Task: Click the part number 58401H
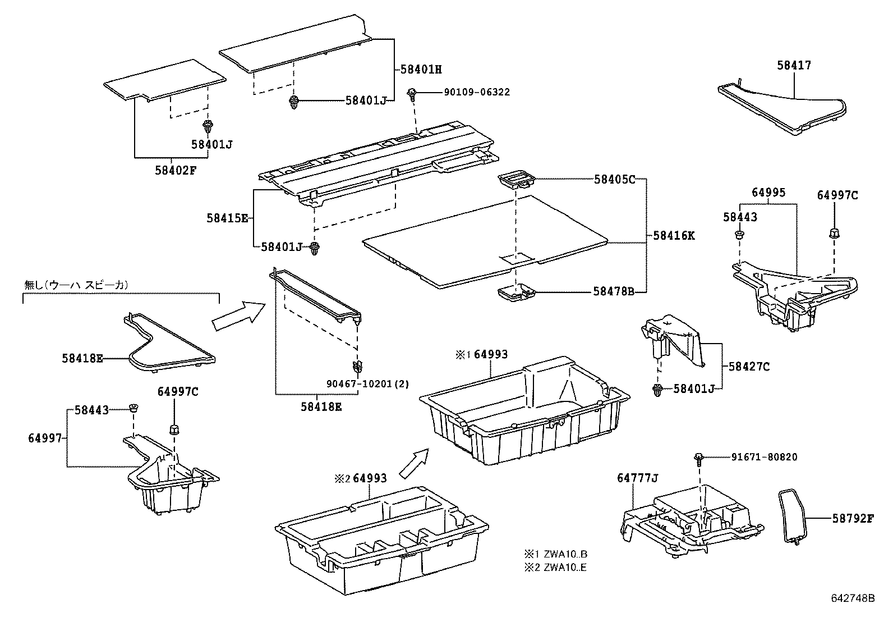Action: coord(421,70)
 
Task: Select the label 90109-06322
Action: coord(477,92)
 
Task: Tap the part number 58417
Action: coord(794,66)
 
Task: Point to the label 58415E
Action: coord(227,218)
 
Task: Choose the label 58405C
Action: coord(614,180)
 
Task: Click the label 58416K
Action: coord(674,236)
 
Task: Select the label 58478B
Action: coord(614,291)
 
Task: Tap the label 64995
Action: coord(768,193)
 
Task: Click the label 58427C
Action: coord(749,367)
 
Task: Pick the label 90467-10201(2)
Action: coord(367,384)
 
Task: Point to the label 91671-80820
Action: coord(764,458)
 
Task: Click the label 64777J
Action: coord(637,478)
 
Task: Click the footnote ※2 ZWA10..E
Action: coord(556,567)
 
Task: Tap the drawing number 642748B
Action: coord(853,598)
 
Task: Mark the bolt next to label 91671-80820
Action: coord(699,459)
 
